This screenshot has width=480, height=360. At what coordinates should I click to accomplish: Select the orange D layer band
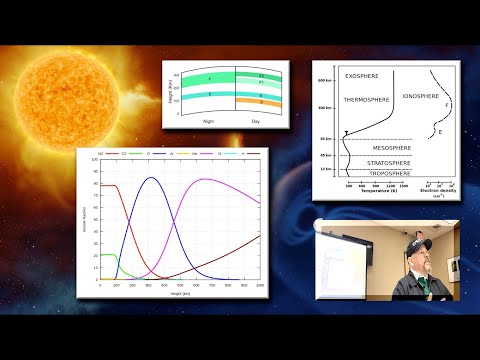click(x=262, y=103)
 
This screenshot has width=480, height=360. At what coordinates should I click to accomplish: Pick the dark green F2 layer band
click(x=262, y=76)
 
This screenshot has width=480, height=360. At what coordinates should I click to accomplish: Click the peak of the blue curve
click(x=151, y=178)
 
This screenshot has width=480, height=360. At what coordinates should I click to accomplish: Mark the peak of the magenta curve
click(x=206, y=180)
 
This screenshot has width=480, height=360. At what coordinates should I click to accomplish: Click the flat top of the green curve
click(x=107, y=255)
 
